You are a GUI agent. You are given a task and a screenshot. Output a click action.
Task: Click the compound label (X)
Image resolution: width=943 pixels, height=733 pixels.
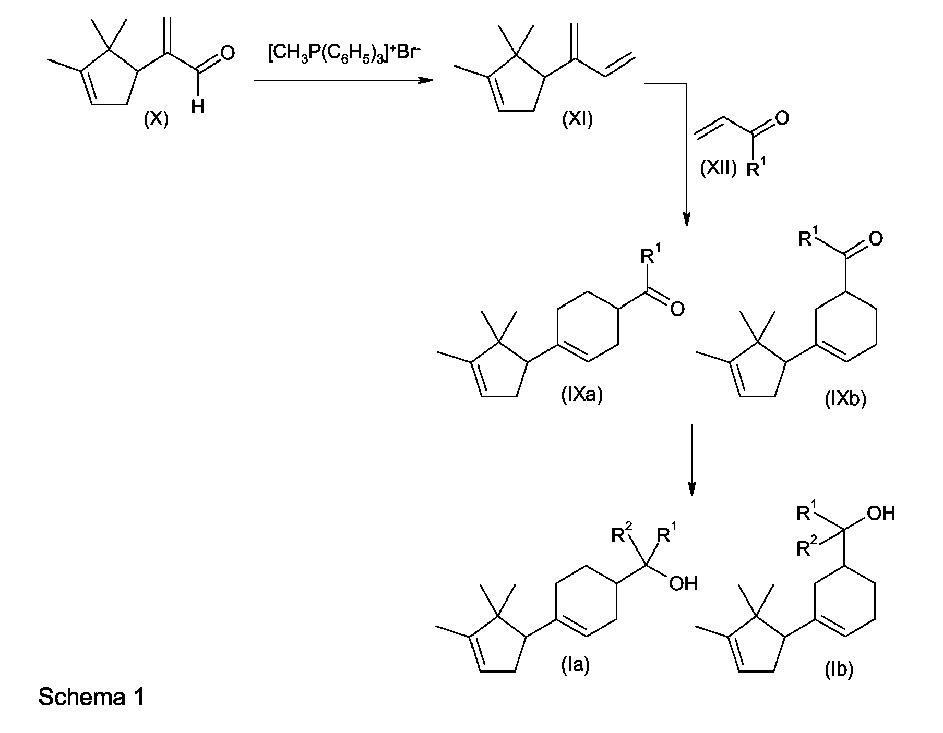click(156, 120)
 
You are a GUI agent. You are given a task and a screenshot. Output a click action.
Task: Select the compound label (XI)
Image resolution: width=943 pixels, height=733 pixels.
click(578, 120)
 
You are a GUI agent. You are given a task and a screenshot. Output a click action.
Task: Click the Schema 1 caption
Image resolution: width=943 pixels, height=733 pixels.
click(91, 697)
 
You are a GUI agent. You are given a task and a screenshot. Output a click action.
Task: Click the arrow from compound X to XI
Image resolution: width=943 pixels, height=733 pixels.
click(343, 81)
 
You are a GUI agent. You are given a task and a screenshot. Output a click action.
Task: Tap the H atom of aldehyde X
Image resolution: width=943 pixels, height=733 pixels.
click(197, 107)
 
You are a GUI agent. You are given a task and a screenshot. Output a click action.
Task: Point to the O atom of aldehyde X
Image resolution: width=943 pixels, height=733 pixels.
click(228, 53)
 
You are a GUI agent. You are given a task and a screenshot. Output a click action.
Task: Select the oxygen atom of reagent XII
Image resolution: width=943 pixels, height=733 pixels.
click(782, 118)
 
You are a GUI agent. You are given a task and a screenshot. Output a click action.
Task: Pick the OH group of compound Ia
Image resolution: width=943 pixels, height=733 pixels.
click(683, 583)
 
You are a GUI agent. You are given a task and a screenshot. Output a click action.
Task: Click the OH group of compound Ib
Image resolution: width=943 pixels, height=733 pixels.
click(881, 514)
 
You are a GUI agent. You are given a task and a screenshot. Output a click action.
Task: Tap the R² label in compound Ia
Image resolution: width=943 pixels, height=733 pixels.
click(622, 534)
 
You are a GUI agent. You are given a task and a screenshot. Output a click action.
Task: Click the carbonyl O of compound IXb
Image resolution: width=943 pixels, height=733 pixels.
click(876, 239)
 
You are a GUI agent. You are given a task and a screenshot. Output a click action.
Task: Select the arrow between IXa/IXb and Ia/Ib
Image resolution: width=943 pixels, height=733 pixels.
click(691, 460)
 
